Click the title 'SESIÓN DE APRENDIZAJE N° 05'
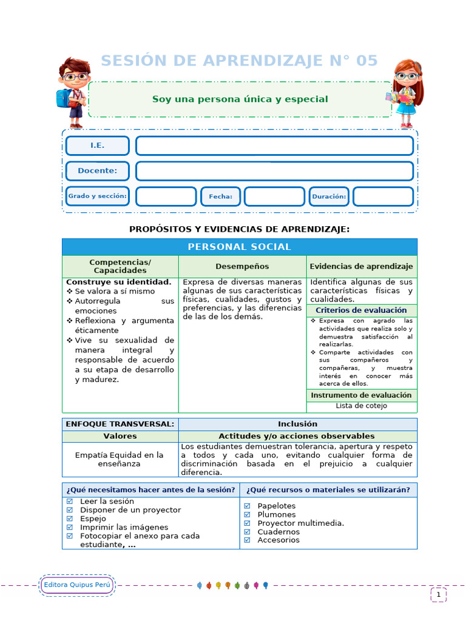[239, 61]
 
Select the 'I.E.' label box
[97, 146]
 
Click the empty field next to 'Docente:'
[274, 171]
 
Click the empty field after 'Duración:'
[383, 196]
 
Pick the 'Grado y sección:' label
[97, 196]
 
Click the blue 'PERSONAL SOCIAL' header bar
[239, 247]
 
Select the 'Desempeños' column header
[242, 266]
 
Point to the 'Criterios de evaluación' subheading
[361, 310]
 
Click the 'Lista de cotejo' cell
[361, 406]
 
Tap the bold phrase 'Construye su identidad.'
[118, 282]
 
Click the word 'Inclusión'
[297, 424]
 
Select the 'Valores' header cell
[120, 436]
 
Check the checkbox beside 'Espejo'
[69, 519]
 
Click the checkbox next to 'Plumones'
[247, 514]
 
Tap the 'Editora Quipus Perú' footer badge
[76, 585]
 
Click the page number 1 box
[438, 595]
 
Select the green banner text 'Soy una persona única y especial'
[240, 99]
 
